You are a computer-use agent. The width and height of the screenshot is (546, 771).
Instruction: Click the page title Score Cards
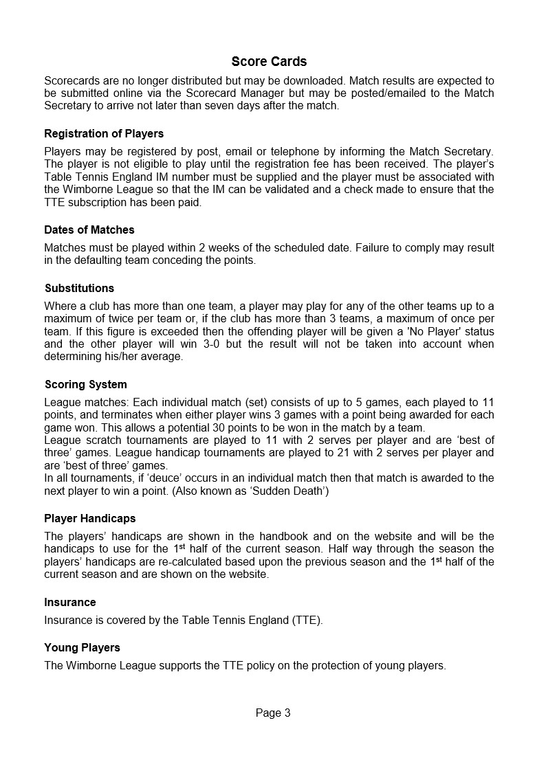point(269,62)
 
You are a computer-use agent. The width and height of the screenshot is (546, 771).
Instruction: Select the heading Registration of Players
point(104,133)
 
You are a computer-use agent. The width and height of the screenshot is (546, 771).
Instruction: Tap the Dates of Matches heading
point(89,230)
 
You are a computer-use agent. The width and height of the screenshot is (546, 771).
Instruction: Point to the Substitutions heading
point(79,288)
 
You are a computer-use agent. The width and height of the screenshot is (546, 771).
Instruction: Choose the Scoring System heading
point(85,384)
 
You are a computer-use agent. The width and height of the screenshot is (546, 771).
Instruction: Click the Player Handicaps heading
point(90,518)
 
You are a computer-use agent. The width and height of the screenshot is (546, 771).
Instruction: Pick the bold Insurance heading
point(70,602)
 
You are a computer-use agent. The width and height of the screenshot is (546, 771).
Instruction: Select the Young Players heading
point(82,647)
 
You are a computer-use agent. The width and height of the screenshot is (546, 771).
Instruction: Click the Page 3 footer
point(273,713)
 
